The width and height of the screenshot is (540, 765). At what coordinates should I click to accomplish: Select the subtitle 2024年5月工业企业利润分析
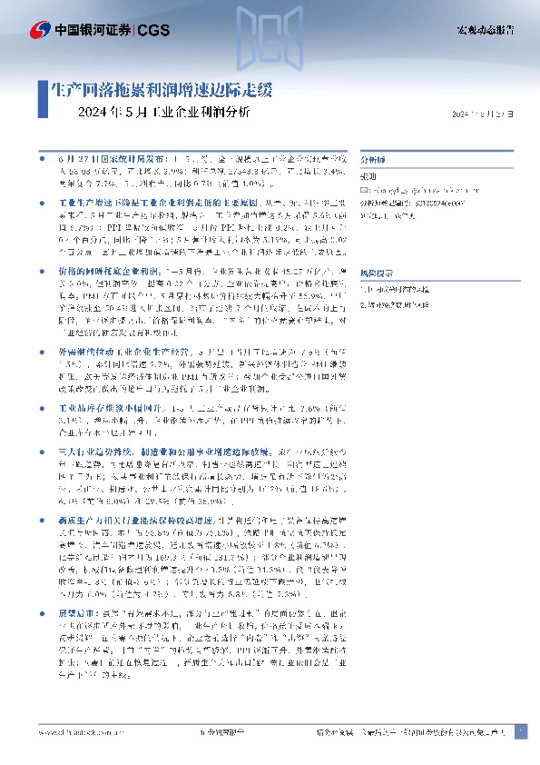point(165,114)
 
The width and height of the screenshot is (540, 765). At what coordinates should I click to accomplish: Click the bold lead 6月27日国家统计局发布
point(103,157)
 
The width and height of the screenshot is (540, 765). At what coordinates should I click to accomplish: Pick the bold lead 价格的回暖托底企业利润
point(102,272)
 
